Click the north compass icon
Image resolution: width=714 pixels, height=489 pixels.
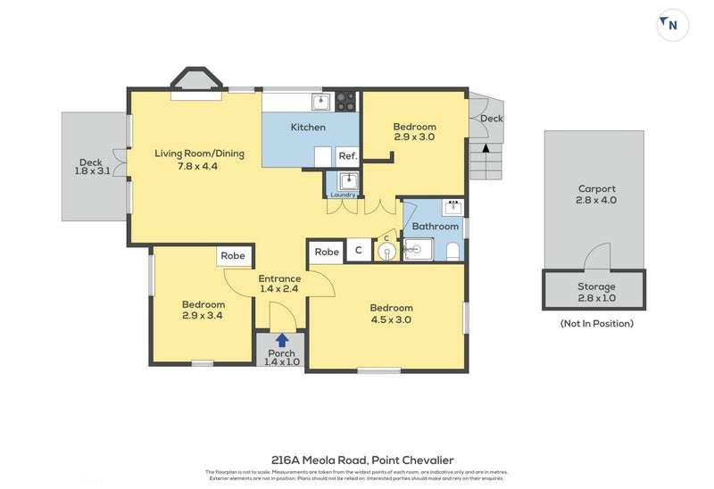pyautogui.click(x=672, y=25)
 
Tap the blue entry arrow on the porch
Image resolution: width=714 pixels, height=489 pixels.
pyautogui.click(x=282, y=340)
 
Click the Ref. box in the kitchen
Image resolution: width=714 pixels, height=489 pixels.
pyautogui.click(x=347, y=156)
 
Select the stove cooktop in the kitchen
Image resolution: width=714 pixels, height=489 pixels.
pyautogui.click(x=346, y=101)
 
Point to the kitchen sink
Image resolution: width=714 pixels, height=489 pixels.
pyautogui.click(x=320, y=101)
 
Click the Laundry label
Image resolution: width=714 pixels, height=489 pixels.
pyautogui.click(x=343, y=195)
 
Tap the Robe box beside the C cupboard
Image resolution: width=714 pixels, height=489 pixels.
pyautogui.click(x=327, y=252)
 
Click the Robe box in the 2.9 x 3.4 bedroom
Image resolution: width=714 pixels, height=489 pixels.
pyautogui.click(x=233, y=256)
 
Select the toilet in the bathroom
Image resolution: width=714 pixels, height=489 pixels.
pyautogui.click(x=452, y=251)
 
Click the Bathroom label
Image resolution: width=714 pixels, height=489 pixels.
pyautogui.click(x=435, y=227)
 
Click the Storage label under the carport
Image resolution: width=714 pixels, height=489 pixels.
pyautogui.click(x=596, y=286)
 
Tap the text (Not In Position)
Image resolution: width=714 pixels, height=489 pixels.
pyautogui.click(x=596, y=323)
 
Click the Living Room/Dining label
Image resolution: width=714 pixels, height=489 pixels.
pyautogui.click(x=199, y=153)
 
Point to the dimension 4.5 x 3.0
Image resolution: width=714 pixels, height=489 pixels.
pyautogui.click(x=391, y=319)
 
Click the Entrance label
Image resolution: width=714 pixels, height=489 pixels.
pyautogui.click(x=279, y=278)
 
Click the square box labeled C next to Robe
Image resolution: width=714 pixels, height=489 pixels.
pyautogui.click(x=359, y=252)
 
